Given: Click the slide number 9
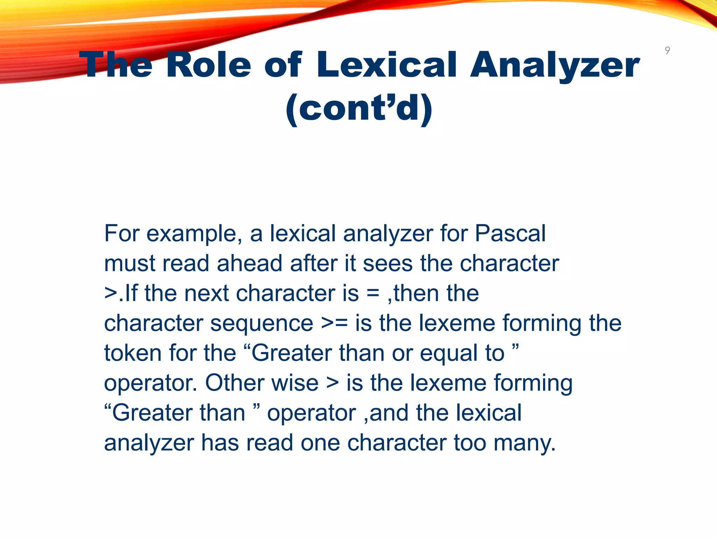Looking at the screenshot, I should coord(667,50).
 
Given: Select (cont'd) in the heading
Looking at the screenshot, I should coord(359,109).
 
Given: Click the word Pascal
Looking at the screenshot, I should coord(510,233).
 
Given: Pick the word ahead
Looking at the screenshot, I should coord(249,263).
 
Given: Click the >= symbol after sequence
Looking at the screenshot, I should coord(334,323).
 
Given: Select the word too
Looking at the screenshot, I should coord(470,442).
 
